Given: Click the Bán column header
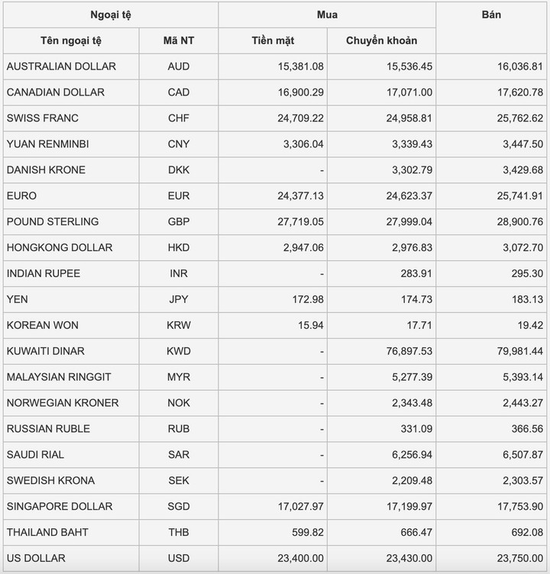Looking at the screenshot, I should click(492, 15).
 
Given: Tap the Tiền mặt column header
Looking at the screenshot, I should click(273, 40).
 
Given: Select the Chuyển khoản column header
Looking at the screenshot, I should click(381, 40).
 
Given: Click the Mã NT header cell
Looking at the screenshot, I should click(179, 40).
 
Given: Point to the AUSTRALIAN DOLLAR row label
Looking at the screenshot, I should click(61, 66).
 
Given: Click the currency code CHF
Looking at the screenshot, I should click(179, 118).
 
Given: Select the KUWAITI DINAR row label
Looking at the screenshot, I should click(45, 351).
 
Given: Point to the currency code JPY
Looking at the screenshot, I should click(179, 299).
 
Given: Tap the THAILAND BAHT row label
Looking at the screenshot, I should click(47, 532).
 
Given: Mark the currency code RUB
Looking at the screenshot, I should click(179, 429).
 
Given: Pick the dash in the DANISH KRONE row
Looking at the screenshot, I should click(322, 170).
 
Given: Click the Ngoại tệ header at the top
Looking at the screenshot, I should click(111, 15).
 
